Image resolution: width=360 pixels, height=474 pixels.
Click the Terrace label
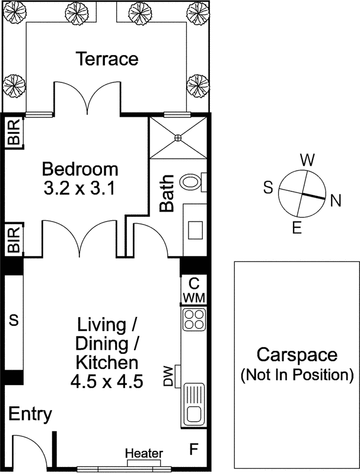click(107, 59)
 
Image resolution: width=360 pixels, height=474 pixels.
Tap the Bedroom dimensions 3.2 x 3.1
click(79, 189)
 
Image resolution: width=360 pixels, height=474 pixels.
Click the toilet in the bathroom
click(193, 182)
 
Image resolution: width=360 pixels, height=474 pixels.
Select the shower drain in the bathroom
click(178, 137)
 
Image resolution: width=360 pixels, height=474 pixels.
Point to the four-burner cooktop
click(194, 319)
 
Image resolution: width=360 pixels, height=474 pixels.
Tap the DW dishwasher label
click(168, 376)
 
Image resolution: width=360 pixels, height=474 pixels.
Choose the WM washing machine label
click(195, 297)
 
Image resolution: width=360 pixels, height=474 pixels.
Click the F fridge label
click(193, 449)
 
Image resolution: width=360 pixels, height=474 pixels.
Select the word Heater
click(144, 453)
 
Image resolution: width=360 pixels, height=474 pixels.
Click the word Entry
click(30, 414)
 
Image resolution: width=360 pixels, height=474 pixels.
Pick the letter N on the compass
click(336, 200)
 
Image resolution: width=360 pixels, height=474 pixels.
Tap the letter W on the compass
click(307, 160)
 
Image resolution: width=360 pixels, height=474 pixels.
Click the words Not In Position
click(297, 375)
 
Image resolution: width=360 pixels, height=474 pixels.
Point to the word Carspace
click(297, 354)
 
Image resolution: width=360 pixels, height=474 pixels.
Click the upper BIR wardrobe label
click(14, 132)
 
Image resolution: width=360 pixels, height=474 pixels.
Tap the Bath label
click(167, 193)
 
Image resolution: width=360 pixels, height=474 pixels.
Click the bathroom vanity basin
click(196, 230)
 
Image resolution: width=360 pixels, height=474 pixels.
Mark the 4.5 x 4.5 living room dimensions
click(107, 382)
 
